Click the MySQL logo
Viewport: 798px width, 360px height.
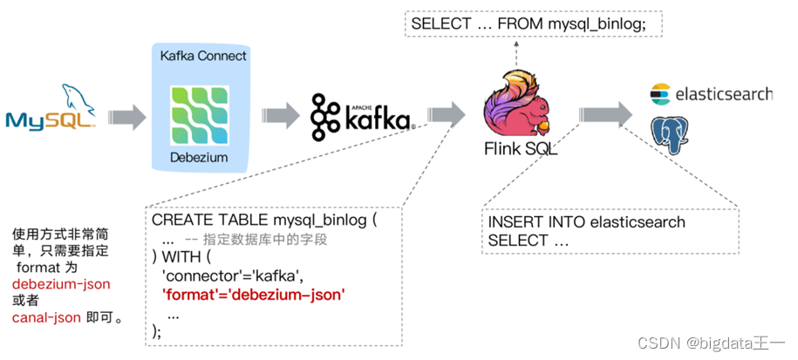(x=51, y=107)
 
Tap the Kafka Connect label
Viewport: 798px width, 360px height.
(x=203, y=56)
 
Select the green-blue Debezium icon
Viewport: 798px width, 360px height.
(x=200, y=115)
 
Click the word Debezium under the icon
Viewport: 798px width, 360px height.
(x=199, y=157)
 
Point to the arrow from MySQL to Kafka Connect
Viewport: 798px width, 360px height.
(x=127, y=117)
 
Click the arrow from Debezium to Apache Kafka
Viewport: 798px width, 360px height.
(x=281, y=115)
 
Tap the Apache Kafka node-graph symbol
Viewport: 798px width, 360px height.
(x=325, y=117)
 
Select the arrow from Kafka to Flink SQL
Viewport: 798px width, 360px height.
(x=447, y=114)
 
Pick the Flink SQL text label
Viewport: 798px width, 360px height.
(x=521, y=149)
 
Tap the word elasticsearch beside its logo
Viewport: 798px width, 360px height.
(x=724, y=94)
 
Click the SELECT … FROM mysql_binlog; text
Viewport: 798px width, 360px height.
(x=529, y=24)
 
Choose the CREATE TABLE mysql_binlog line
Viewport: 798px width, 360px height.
(x=264, y=221)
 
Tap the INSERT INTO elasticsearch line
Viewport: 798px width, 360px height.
(x=586, y=222)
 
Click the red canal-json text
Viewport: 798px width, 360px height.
(x=47, y=318)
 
